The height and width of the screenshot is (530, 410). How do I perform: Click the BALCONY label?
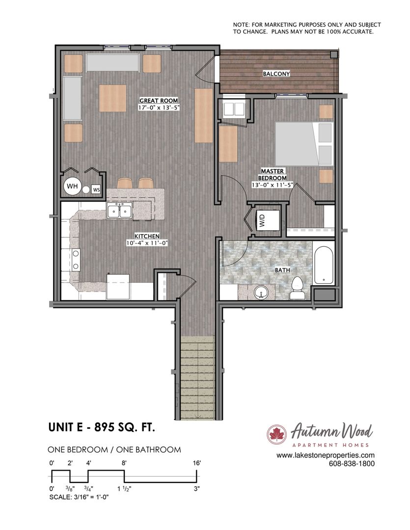coord(276,74)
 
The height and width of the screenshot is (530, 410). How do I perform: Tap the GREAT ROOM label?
coord(159,101)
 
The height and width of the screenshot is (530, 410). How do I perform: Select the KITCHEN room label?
coord(147,236)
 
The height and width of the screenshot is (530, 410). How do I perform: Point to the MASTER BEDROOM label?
coord(273,174)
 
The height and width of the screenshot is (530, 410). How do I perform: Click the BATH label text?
coord(282,270)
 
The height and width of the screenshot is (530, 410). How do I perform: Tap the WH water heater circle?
coord(72,186)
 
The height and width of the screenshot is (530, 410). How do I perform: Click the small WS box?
coord(96,189)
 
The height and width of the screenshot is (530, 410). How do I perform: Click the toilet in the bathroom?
coord(298,288)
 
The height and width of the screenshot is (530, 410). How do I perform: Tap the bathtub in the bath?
coord(323,263)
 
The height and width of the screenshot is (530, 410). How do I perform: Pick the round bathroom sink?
coord(260,292)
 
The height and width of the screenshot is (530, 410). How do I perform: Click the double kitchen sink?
coord(120,211)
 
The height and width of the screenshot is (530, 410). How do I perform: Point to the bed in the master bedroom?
coord(304,143)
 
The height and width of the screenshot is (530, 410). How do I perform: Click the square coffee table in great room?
coord(112,98)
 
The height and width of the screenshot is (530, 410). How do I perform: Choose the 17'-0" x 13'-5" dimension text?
coord(159,107)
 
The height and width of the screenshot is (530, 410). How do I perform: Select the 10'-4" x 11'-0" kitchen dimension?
coord(147,243)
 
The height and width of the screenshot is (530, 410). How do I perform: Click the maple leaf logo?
coord(277,434)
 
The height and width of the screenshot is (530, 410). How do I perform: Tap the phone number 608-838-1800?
coord(352,464)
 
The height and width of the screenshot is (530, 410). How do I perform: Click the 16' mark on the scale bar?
coord(196,463)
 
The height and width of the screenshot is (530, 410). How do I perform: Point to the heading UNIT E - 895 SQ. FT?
coord(102,427)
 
